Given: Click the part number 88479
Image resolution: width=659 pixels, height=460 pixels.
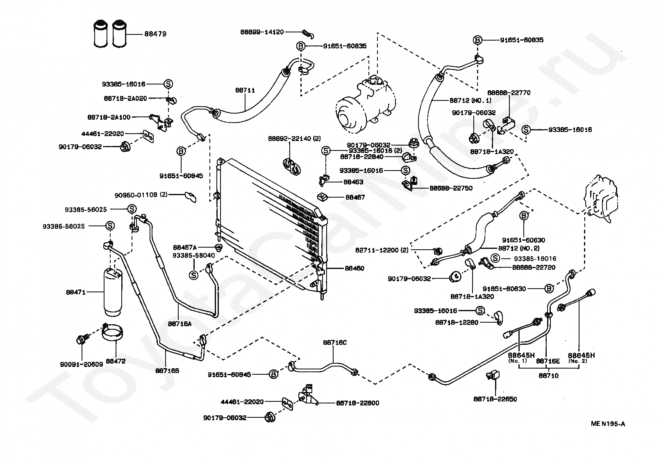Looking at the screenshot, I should coord(155,34).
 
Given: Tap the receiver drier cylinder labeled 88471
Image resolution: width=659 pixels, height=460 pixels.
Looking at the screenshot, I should coord(112,292).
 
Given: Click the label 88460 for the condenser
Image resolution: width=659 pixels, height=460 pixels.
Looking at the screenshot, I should coord(354,269).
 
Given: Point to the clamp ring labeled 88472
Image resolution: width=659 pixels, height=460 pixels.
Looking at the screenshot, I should coord(113,332).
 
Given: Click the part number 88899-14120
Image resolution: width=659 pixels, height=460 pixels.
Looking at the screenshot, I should coord(262,32).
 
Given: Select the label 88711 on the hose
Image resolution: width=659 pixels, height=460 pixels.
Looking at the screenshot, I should coord(245,90).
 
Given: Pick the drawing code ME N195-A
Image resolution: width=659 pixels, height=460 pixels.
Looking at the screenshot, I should coord(608,424).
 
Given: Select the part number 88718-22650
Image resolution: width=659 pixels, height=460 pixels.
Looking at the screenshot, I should coord(495,399).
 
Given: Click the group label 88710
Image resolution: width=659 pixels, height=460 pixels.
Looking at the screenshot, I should coord(548,375).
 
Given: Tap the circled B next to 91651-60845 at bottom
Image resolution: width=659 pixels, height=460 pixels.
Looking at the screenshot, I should coord(273,374).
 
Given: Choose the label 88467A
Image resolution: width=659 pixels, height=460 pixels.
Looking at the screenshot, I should coord(185,247).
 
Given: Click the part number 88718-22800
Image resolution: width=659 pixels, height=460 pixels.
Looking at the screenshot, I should coord(357,403).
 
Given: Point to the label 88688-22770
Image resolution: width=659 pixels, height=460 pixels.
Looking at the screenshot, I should coord(509,93).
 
